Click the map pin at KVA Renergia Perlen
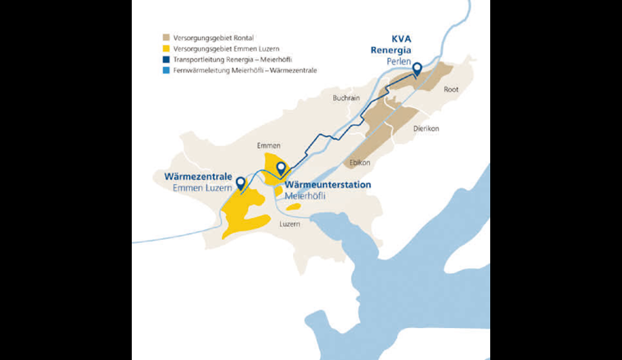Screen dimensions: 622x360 point(417,69)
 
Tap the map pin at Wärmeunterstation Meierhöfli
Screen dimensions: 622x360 point(281,169)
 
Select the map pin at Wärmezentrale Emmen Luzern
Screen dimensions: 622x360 point(240,173)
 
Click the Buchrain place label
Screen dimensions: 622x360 point(346,97)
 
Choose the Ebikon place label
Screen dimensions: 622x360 point(359,162)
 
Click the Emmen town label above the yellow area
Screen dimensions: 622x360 point(268,145)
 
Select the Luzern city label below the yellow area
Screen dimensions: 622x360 point(290,223)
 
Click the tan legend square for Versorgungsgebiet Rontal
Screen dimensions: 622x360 point(166,38)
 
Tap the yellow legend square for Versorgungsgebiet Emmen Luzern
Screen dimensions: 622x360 point(166,48)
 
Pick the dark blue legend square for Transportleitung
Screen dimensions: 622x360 point(166,60)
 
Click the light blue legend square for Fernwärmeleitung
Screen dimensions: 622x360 point(166,70)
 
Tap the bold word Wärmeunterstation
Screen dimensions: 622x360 point(327,185)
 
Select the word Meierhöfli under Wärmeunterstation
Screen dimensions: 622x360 point(305,196)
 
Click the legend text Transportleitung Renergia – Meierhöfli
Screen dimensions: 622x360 point(232,60)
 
